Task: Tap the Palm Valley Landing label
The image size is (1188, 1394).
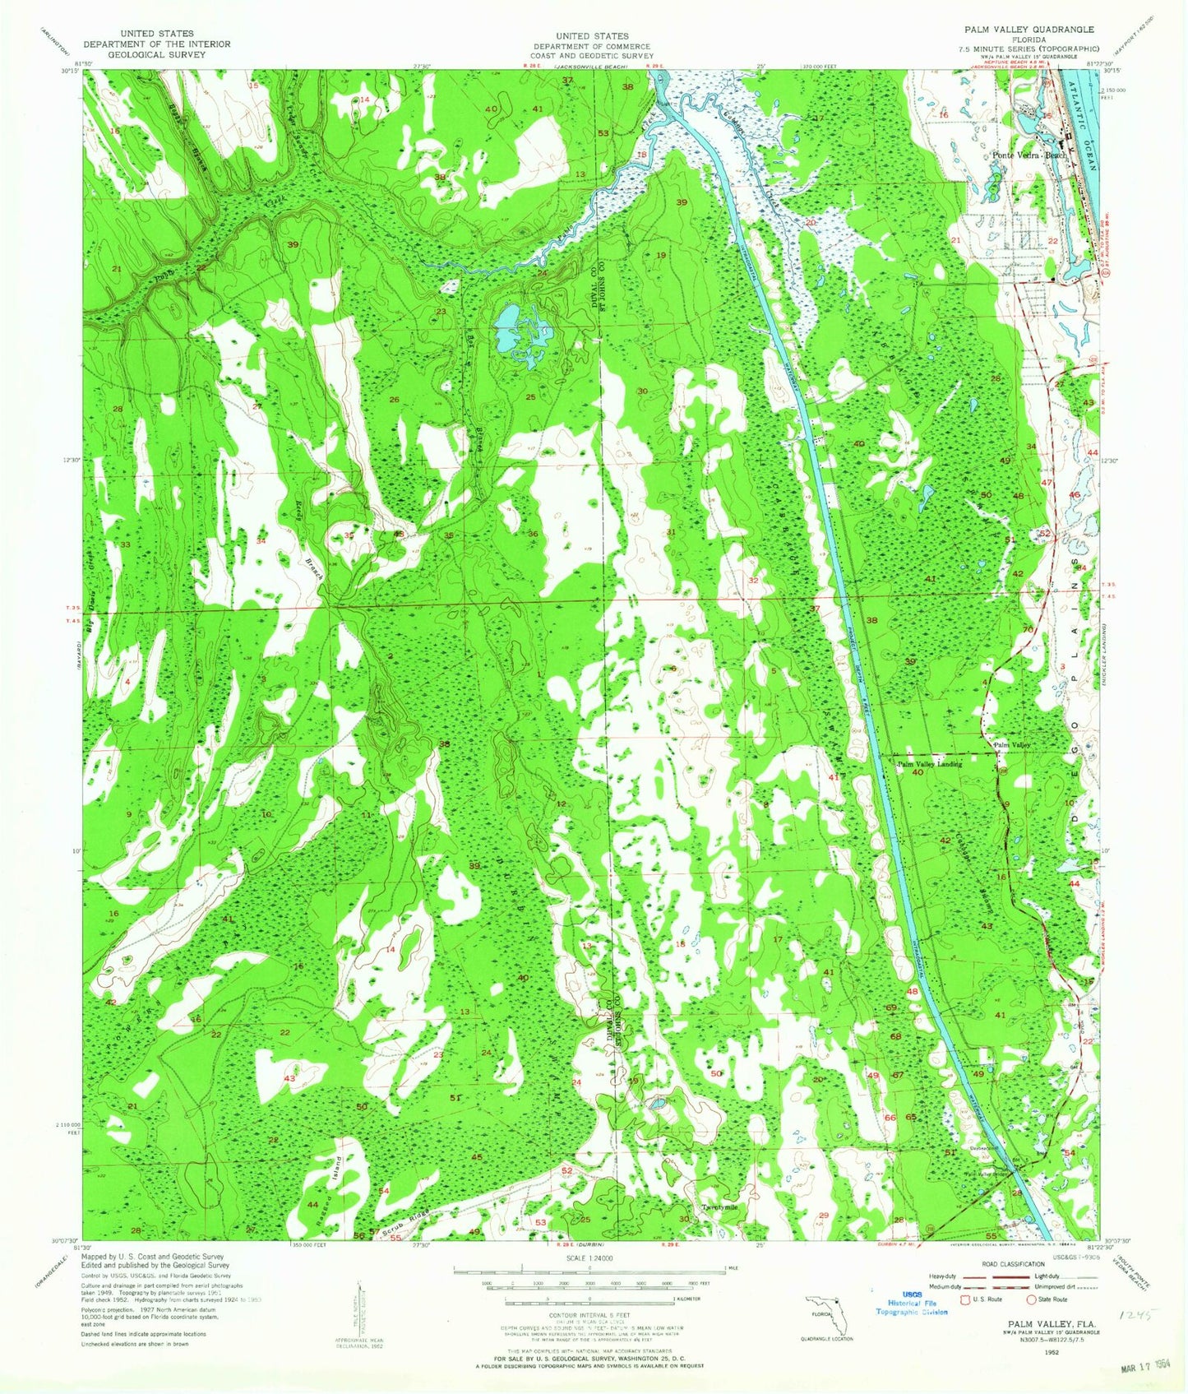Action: pyautogui.click(x=928, y=765)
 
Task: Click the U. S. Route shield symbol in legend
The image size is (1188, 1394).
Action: pyautogui.click(x=955, y=1299)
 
